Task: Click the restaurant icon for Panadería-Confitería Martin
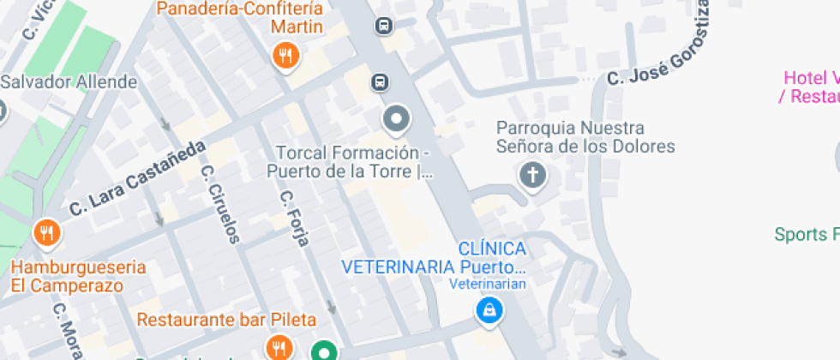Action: (x=285, y=57)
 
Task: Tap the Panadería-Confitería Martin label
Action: (x=241, y=18)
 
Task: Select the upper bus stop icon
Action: (x=384, y=26)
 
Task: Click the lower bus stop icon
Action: (x=379, y=82)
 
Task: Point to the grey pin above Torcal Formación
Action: (x=396, y=120)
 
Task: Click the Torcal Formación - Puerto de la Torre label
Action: (x=351, y=162)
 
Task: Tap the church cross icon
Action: (x=532, y=177)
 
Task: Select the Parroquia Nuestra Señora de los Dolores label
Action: (x=585, y=137)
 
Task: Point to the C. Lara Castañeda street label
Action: (x=138, y=178)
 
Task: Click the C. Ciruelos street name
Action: (x=222, y=203)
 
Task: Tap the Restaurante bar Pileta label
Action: (x=226, y=320)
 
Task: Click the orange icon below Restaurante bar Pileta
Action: (x=278, y=348)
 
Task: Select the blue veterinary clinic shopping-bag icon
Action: (x=488, y=311)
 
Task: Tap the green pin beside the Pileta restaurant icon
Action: (x=323, y=351)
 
